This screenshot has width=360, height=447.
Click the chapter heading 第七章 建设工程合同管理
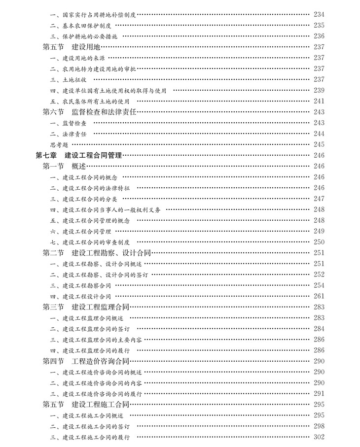[78, 155]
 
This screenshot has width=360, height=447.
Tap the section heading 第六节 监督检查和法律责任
[89, 112]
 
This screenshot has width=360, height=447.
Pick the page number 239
[319, 90]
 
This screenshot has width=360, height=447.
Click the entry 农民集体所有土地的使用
[92, 101]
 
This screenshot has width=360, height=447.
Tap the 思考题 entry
[59, 144]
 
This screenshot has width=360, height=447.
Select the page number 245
[319, 144]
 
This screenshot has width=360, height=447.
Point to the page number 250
[319, 242]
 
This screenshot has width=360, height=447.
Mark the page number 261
[319, 296]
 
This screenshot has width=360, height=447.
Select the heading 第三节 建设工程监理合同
[86, 307]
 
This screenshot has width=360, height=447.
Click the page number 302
[319, 437]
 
